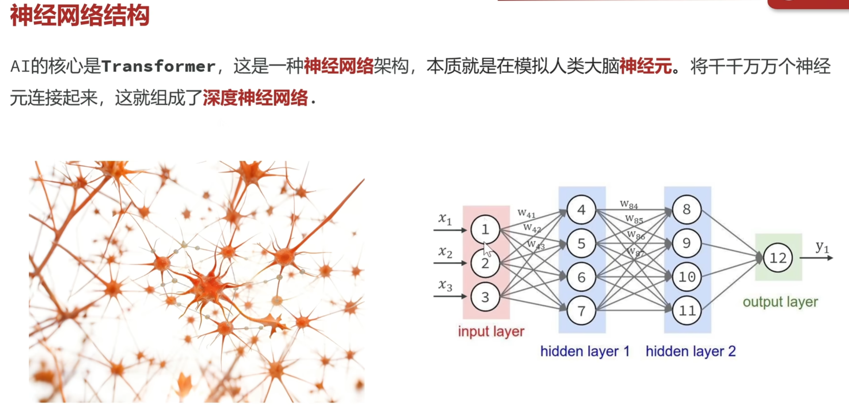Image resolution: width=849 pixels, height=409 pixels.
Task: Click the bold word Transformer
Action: [158, 67]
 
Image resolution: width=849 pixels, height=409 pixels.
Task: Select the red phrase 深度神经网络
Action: [255, 98]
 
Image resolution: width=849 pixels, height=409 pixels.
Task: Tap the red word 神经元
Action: [646, 67]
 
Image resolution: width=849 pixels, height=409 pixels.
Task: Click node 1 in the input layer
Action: [485, 230]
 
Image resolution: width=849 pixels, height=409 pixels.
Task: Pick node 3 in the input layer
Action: [485, 297]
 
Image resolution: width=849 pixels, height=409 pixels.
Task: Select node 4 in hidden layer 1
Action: [581, 210]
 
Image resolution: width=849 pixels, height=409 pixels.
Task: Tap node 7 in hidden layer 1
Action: [581, 311]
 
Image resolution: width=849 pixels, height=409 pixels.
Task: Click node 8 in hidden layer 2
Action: [687, 209]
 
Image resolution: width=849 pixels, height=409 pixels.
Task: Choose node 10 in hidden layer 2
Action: [687, 277]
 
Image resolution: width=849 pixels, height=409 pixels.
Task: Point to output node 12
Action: [778, 258]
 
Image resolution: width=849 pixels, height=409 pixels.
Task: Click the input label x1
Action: [445, 219]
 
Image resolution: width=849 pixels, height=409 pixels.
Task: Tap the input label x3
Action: [445, 285]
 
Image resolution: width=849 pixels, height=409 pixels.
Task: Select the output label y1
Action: [822, 247]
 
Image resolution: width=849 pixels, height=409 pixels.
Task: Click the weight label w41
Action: [526, 213]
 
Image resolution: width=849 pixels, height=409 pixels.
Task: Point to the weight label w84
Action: [629, 205]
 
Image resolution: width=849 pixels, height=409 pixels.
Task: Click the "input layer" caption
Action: [491, 332]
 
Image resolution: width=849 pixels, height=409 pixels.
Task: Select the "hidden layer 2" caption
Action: [691, 351]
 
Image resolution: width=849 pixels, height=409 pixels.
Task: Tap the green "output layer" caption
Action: [780, 302]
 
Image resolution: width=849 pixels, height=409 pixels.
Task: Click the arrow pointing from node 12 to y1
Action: [816, 258]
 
